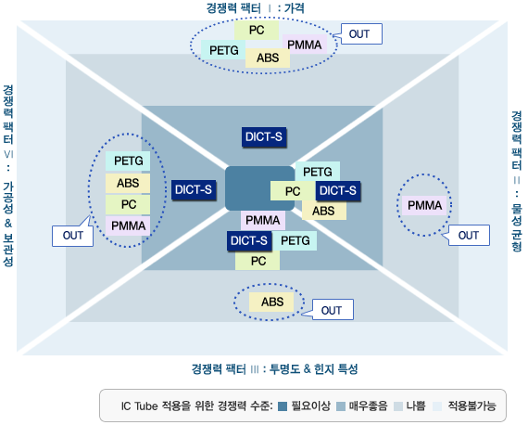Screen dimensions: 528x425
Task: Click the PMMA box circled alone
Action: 424,205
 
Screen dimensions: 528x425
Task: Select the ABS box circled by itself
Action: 271,302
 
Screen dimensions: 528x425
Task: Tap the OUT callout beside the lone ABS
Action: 333,310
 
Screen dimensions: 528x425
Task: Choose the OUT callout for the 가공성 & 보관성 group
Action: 73,236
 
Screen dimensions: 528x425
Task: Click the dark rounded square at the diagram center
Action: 260,188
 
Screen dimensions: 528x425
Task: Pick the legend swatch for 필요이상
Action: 283,406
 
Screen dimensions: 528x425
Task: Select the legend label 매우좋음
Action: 368,406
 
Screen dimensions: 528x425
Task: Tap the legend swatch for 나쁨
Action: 398,406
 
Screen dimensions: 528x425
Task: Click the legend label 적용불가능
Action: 471,406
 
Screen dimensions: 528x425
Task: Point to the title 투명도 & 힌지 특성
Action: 313,368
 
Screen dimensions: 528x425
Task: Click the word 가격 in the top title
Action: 295,8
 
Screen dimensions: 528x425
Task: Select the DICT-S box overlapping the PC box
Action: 338,191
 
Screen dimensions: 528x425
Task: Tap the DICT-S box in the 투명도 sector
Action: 249,241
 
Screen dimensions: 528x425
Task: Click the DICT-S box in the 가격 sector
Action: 264,137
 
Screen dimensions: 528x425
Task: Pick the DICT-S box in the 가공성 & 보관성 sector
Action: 194,190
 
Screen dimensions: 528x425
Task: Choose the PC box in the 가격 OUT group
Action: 257,30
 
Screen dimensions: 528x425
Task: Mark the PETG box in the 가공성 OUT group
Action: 128,161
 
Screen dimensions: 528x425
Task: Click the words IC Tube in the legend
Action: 139,406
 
